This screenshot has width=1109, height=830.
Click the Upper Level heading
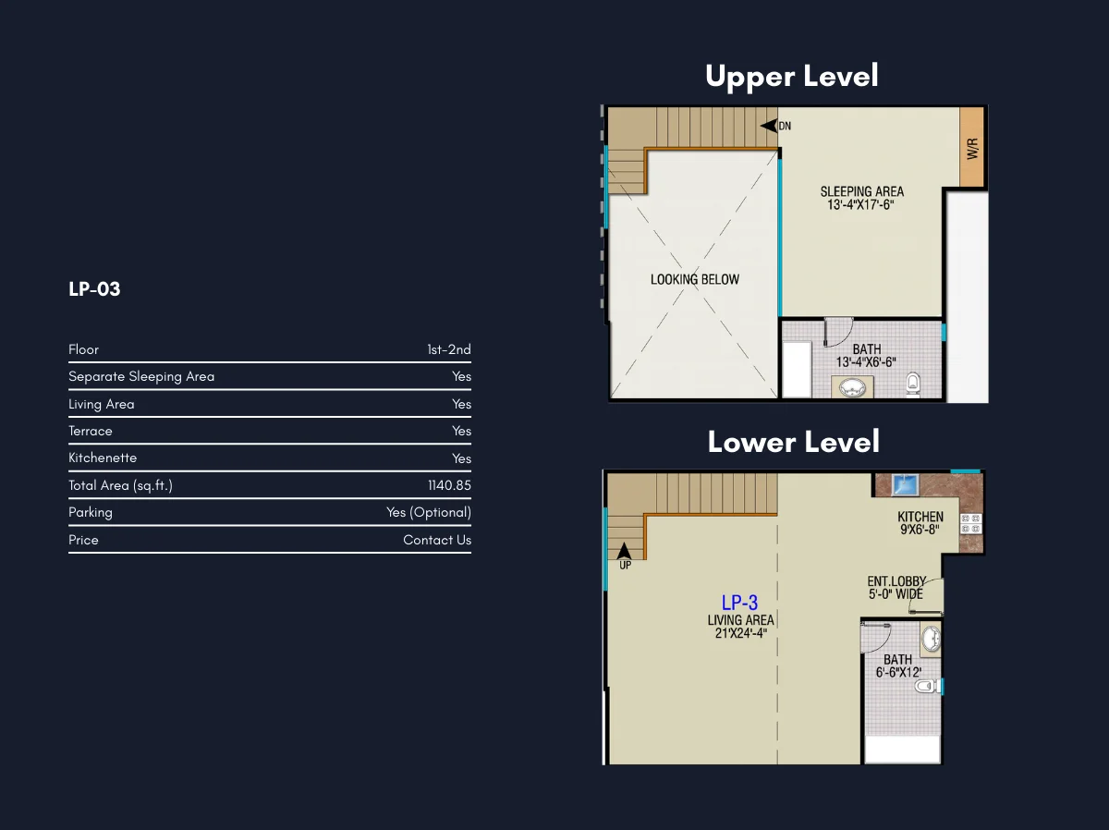pos(792,77)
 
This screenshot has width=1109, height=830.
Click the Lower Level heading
pos(793,442)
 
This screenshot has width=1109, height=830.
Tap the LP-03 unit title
pos(94,289)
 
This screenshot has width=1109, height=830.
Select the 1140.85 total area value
pos(449,485)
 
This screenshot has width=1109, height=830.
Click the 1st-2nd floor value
pos(448,349)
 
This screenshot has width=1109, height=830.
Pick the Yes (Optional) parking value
pos(429,512)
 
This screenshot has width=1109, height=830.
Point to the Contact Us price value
pos(437,540)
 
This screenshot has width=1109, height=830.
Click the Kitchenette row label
pos(103,458)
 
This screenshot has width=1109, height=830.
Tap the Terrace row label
pos(91,431)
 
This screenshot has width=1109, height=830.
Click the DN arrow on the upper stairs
pos(769,126)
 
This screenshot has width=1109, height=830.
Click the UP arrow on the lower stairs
pos(624,551)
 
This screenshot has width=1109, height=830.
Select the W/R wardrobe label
pos(972,149)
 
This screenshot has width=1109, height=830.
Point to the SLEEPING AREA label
pos(862,191)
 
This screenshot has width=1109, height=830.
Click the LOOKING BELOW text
pos(695,279)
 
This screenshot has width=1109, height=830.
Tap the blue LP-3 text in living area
pos(739,603)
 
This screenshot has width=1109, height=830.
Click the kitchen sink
pos(905,484)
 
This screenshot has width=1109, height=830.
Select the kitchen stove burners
pos(970,524)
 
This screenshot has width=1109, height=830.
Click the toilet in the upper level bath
pos(913,383)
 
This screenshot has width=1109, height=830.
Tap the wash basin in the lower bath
pos(931,639)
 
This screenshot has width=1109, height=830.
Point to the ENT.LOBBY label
pos(896,581)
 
